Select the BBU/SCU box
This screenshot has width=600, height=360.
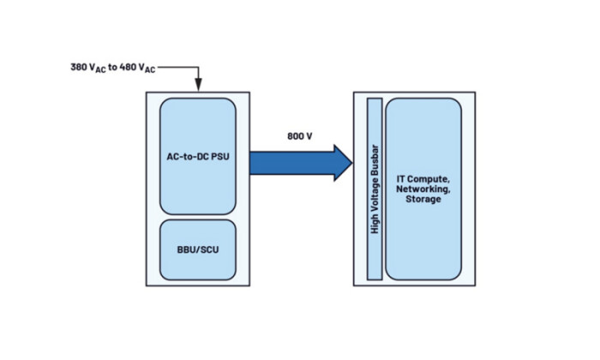coord(197,249)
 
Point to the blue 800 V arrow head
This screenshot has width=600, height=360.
coord(342,163)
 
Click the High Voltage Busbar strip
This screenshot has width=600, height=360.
coord(374,189)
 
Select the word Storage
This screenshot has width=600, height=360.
coord(424,200)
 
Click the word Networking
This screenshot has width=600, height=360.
coord(423,189)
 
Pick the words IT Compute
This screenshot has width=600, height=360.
coord(423,178)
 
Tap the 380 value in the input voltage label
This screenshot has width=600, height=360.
coord(78,66)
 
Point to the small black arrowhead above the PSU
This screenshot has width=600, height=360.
coord(197,85)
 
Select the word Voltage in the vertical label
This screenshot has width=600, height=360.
coord(374,189)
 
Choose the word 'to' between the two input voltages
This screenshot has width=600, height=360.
coord(112,66)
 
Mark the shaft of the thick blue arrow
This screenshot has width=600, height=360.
coord(291,163)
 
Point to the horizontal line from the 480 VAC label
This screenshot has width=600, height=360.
coord(178,64)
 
